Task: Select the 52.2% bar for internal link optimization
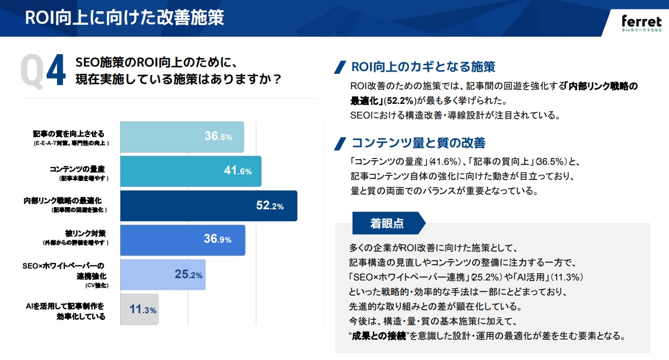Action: [x=208, y=206]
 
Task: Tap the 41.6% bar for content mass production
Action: [x=191, y=172]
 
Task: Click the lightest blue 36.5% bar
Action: [x=182, y=137]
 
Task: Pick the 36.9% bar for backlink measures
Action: [x=183, y=240]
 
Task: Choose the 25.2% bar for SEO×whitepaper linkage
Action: [x=162, y=275]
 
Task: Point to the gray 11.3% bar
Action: [x=139, y=309]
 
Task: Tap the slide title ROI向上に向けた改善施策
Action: [x=124, y=17]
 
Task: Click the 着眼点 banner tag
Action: [x=388, y=223]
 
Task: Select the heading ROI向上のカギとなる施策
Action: [x=423, y=67]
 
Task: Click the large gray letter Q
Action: [x=32, y=72]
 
